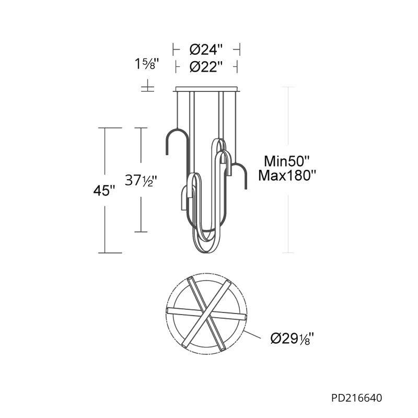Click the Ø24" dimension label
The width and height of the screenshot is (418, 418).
coord(206,50)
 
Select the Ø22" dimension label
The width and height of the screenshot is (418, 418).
coord(206,67)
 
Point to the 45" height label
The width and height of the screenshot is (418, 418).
coord(104,190)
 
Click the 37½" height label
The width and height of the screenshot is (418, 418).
coord(140,180)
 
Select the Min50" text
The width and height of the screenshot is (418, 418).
coord(286,161)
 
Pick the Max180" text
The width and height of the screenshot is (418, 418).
coord(287,176)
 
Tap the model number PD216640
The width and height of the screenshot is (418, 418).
coord(357,398)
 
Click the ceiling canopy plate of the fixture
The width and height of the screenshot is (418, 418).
coord(206,89)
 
